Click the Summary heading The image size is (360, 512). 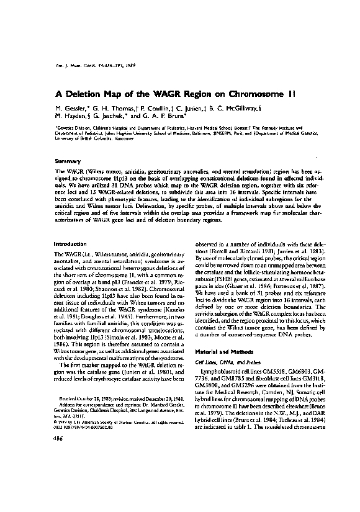click(68, 161)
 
